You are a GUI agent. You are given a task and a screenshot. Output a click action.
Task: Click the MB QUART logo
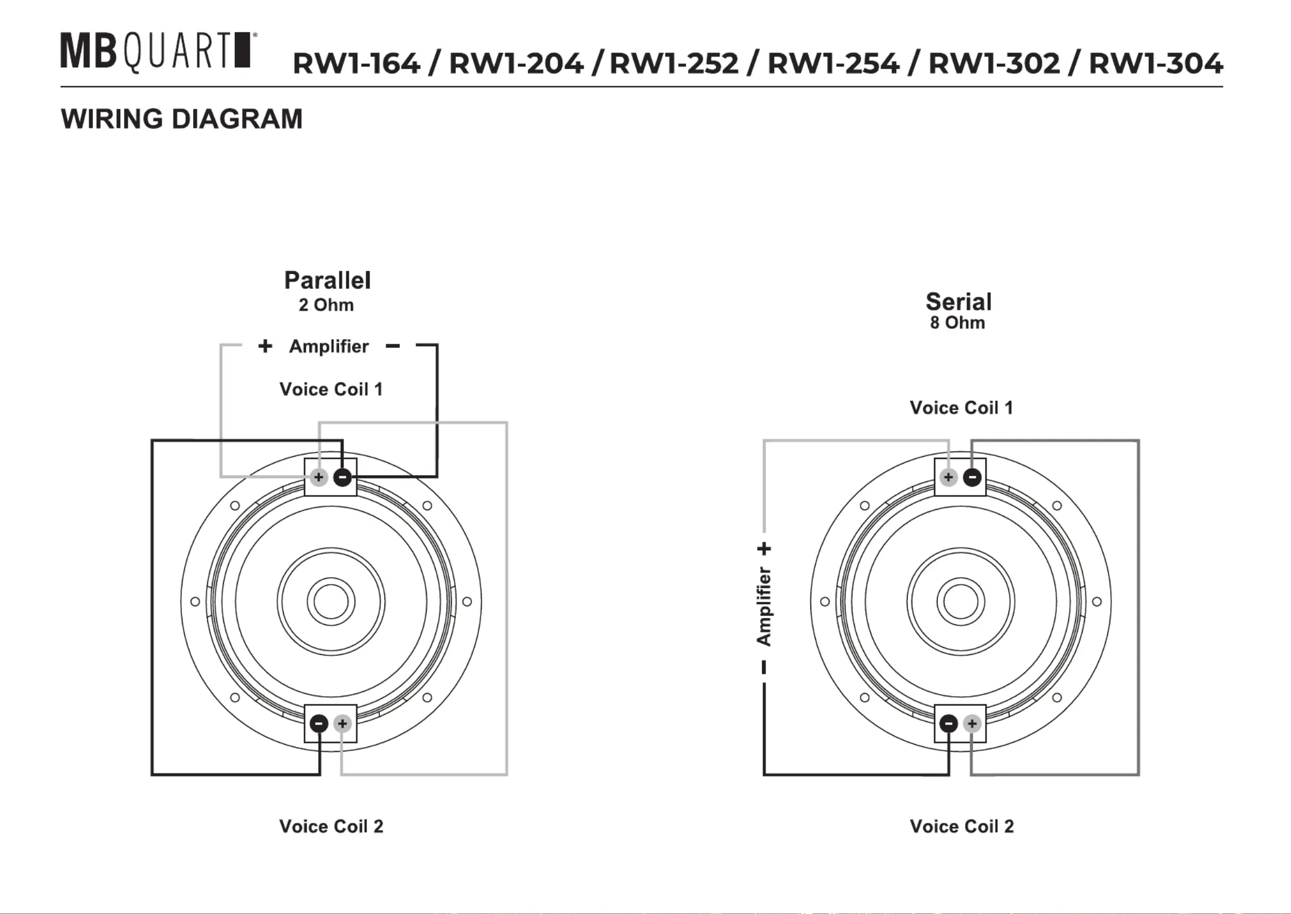(158, 52)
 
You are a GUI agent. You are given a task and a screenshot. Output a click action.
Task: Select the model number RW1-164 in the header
(356, 63)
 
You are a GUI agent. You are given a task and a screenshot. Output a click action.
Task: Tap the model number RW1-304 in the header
(1156, 63)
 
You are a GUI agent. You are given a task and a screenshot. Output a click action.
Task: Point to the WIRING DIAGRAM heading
(181, 119)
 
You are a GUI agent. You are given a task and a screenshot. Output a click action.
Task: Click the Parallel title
(327, 280)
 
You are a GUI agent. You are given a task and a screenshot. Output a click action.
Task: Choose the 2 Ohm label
(326, 305)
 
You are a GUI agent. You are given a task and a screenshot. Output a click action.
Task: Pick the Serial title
(958, 301)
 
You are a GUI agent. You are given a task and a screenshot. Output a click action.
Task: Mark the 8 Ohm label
(957, 323)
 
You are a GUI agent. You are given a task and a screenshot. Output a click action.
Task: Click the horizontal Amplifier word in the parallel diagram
(329, 346)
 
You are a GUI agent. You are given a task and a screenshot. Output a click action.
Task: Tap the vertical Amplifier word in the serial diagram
(764, 606)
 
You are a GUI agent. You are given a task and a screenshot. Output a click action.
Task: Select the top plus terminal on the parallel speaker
(319, 477)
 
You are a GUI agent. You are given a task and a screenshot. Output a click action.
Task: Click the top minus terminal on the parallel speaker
(342, 477)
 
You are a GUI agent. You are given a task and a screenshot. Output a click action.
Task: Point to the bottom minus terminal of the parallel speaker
(319, 723)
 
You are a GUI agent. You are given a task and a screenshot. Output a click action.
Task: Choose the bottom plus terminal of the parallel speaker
(342, 723)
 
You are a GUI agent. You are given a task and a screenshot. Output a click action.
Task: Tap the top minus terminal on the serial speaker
(972, 477)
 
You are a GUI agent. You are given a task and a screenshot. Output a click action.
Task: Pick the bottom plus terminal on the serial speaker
(972, 723)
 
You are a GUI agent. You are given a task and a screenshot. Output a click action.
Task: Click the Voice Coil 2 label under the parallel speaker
(331, 826)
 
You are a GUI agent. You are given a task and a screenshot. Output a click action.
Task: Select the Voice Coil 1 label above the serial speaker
(961, 408)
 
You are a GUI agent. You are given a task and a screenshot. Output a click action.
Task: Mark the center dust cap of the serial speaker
(961, 602)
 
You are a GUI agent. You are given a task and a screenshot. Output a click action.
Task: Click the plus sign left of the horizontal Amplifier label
(265, 346)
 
